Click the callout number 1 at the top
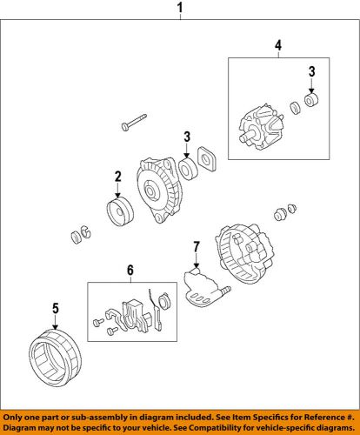pos(180,7)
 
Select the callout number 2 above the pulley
pos(117,177)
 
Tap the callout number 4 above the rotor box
pos(278,45)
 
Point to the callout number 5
pos(56,308)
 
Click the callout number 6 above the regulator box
pos(130,271)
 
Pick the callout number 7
pos(197,247)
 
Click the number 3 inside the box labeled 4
pos(311,71)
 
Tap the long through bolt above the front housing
pos(134,123)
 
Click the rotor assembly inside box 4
pos(261,129)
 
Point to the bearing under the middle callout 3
pos(189,169)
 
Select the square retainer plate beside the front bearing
pos(207,160)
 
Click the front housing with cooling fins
pos(159,191)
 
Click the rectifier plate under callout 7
pos(205,288)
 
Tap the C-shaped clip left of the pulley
pos(85,231)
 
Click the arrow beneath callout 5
pos(56,322)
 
